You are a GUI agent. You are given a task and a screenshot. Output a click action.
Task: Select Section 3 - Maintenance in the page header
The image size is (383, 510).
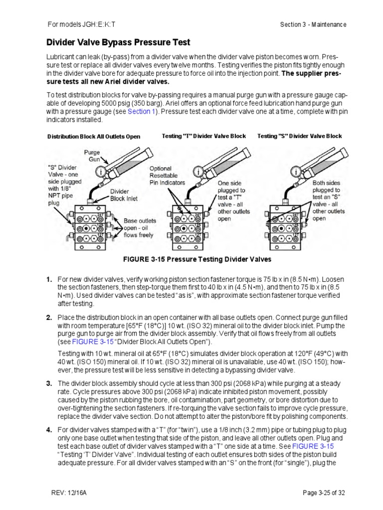[x=313, y=24]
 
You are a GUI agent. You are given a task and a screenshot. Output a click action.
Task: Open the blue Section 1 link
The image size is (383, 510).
[x=142, y=112]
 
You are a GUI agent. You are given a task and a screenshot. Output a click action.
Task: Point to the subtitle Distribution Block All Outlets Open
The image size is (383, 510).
[x=94, y=136]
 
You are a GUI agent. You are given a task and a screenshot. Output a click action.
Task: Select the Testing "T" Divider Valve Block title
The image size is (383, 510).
[x=204, y=136]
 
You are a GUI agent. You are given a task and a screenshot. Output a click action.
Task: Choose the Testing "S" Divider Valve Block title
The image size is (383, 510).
[x=300, y=136]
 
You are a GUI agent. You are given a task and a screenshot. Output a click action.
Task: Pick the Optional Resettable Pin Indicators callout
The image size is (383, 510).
[x=168, y=175]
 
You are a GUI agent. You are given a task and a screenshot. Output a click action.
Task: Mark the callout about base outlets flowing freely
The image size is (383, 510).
[x=139, y=228]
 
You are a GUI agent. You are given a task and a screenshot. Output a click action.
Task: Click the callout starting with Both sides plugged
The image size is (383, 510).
[x=329, y=200]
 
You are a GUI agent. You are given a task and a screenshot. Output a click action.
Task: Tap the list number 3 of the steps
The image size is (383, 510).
[x=49, y=383]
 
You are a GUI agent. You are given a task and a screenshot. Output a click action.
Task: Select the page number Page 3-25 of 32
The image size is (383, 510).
[x=325, y=493]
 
